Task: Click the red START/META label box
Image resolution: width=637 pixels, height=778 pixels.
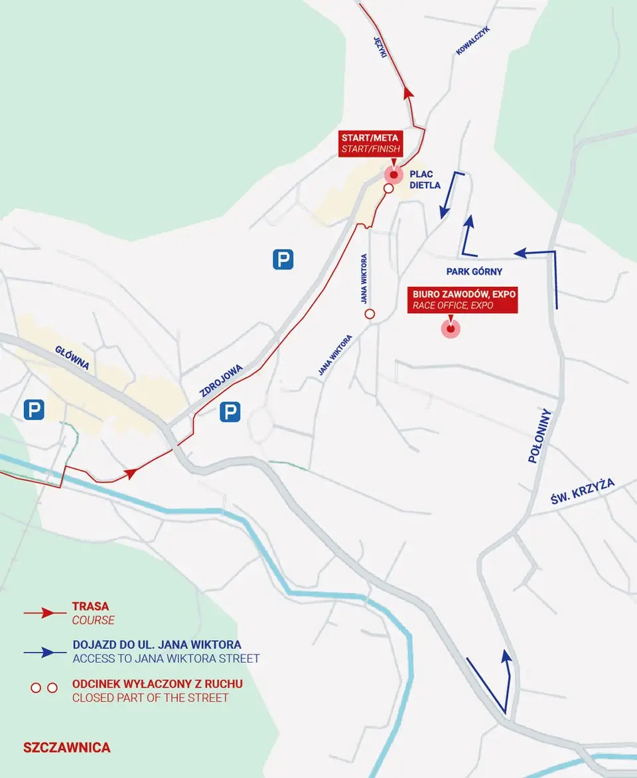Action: coord(370,143)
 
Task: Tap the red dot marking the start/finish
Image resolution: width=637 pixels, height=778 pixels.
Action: coord(393,175)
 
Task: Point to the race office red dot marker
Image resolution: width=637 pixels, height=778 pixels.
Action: coord(451,329)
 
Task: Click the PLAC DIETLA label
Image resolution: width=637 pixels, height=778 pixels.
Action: coord(425,180)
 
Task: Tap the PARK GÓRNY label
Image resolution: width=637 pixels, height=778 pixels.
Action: coord(474,272)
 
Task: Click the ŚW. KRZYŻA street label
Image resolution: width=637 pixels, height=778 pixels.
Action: coord(583,491)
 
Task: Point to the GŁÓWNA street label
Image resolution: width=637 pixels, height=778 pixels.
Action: coord(72,359)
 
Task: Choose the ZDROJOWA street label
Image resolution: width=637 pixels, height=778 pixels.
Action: coord(222,380)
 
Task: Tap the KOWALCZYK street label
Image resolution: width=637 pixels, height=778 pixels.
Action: coord(472,40)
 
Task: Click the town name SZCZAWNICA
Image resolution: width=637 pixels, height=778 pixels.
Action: coord(66,747)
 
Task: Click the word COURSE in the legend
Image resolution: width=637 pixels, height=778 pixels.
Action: coord(93,620)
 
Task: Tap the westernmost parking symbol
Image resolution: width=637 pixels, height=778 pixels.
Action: coord(34,410)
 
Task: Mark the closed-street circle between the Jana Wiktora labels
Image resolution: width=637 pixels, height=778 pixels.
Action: coord(370,314)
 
